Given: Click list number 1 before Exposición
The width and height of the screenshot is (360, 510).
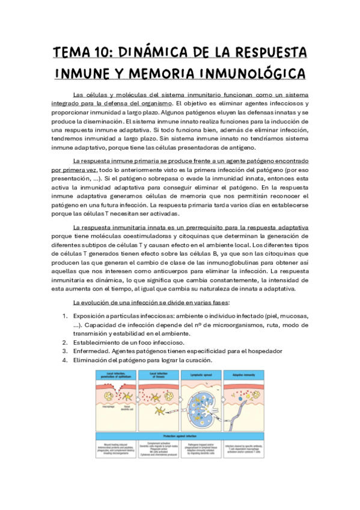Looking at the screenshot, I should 65,316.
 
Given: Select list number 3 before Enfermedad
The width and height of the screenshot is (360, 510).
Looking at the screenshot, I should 65,351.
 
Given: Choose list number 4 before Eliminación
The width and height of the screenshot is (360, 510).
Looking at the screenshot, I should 65,360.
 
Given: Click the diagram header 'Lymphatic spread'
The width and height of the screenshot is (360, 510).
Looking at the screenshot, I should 203,373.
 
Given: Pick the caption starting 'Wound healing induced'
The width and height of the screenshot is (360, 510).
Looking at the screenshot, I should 115,449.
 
